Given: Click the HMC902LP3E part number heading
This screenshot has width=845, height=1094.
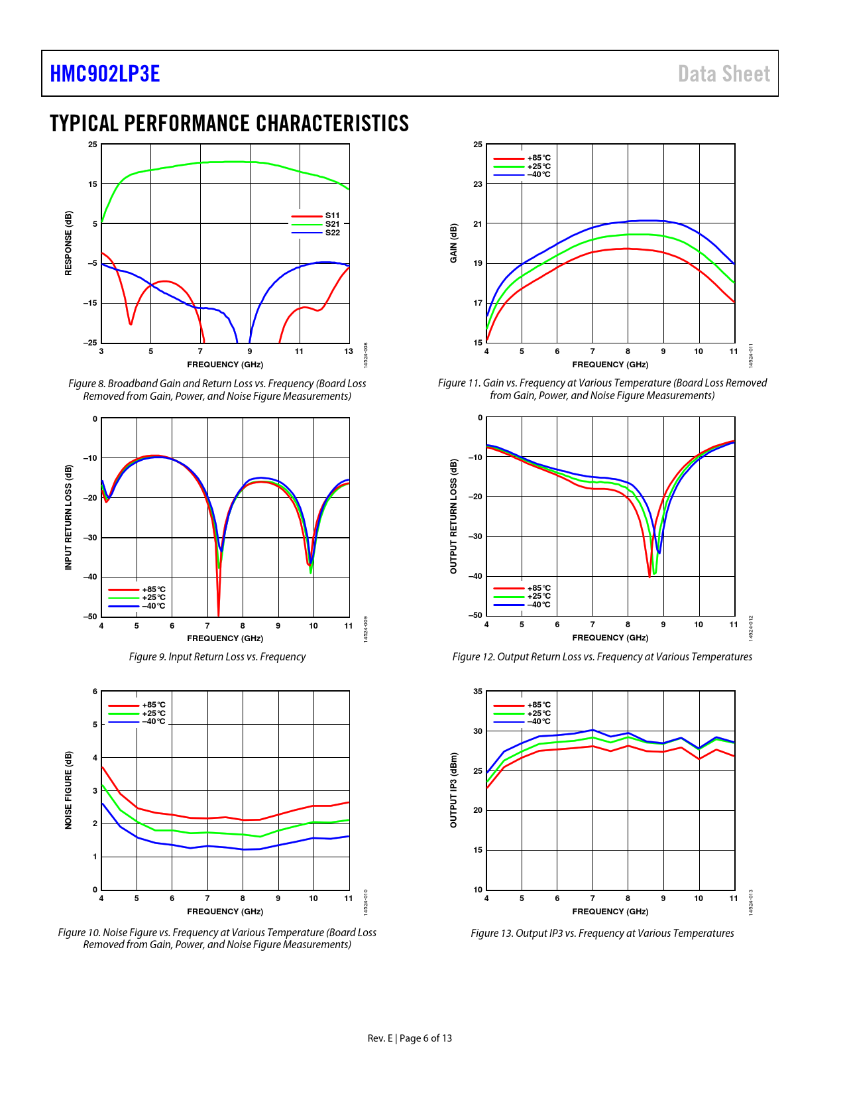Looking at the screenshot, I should [x=105, y=74].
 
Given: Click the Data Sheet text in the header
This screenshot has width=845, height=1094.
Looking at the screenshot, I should [x=724, y=74].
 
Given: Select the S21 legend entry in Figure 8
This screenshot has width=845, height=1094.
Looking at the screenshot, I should [x=332, y=224].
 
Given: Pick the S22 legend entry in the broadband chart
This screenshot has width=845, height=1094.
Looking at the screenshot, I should [x=332, y=233].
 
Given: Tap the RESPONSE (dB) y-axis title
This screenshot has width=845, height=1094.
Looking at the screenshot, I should [x=68, y=243].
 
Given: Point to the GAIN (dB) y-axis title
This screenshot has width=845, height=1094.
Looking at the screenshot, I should [x=454, y=243].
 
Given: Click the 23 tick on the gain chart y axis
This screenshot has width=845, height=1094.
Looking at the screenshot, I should [x=478, y=184].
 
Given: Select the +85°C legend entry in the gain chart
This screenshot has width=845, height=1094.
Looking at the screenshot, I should [x=539, y=158].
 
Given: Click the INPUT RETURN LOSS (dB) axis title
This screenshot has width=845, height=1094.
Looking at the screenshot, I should [x=68, y=517].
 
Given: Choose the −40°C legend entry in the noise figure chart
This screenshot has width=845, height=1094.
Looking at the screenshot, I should [x=154, y=721].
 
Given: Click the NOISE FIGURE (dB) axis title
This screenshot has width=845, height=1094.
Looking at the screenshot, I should [x=68, y=790].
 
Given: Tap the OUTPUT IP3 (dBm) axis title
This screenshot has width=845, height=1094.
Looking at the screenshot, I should [x=454, y=790].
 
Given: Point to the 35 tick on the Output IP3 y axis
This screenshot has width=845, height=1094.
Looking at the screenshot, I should [x=478, y=692].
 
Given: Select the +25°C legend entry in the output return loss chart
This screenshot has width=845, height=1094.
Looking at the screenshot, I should [x=539, y=596].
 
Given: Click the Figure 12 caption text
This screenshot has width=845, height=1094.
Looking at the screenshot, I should [x=602, y=656].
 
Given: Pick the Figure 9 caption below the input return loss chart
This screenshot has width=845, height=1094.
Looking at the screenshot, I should [x=217, y=656].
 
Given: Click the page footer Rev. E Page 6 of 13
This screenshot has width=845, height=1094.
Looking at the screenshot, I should [x=410, y=1038].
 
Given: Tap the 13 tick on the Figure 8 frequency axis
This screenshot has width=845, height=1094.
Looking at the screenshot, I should [x=349, y=351].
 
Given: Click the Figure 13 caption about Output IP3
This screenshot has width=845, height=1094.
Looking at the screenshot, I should [x=602, y=933].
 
